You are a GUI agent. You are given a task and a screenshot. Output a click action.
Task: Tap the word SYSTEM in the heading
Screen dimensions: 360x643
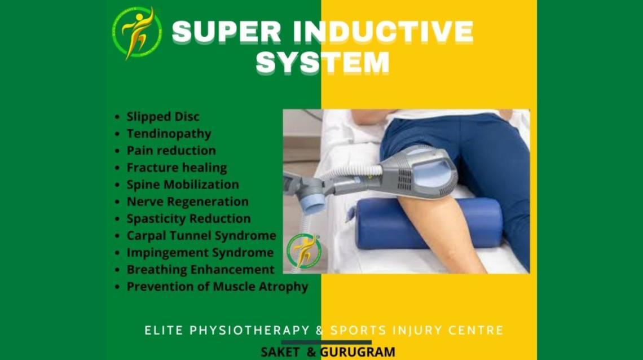coord(323,62)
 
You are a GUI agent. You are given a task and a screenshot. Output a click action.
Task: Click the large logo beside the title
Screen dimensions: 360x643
coord(137,33)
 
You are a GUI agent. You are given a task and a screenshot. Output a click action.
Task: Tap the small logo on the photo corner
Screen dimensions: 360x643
coord(303,251)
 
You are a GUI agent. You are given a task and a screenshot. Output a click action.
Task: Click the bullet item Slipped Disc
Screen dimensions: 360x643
coord(163,117)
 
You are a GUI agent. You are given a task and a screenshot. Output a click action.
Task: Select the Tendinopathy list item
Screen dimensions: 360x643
coord(169,134)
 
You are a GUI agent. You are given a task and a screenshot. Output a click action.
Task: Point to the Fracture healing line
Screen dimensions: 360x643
coord(177,168)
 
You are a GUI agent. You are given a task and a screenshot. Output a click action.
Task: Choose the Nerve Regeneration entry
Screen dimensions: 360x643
coord(187,201)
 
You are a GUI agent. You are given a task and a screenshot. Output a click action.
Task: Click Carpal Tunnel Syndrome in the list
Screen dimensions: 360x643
coord(201,235)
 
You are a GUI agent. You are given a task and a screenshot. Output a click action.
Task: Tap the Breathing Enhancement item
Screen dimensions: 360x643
coord(200,269)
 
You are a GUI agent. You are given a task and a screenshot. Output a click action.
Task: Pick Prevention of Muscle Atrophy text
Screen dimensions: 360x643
coord(217,287)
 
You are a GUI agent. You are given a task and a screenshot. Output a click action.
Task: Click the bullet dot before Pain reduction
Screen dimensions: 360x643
coord(117,151)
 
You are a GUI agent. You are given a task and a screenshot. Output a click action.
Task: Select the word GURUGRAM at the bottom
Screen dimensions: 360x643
coord(358,352)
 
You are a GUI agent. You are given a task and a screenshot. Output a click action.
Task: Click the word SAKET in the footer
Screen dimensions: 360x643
coord(280,352)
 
